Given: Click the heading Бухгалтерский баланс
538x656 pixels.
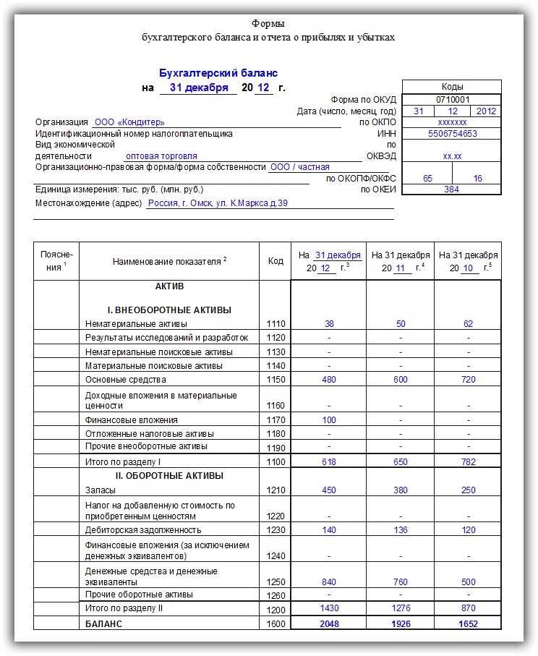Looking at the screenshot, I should tap(218, 73).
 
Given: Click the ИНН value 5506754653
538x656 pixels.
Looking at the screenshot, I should tap(452, 134).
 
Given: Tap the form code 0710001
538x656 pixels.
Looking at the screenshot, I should tap(452, 99).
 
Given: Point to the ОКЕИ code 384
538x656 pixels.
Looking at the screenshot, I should tap(452, 189).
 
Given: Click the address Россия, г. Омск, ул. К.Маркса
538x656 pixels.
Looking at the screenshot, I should tap(218, 203).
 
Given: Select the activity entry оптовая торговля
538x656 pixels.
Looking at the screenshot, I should tap(161, 156).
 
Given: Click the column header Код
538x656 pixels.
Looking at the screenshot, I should tap(275, 261).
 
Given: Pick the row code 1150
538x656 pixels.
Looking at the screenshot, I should tap(275, 380).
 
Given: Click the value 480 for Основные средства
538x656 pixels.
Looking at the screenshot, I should tap(328, 380).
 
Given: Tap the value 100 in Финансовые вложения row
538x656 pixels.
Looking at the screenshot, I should tap(328, 420).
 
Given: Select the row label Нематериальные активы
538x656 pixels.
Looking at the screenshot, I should tap(136, 324).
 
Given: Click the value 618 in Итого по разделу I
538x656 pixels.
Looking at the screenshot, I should tap(328, 461).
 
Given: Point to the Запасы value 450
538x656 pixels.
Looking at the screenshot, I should tap(328, 490).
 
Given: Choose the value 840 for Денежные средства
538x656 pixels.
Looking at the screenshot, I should tap(328, 582).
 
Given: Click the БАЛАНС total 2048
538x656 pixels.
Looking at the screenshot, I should tap(328, 624).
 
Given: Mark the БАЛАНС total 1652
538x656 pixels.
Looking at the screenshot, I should tap(468, 624).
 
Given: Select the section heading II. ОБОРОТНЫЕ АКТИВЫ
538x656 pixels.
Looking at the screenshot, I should tap(169, 476).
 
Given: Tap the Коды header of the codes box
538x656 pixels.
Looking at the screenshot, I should tap(452, 87).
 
